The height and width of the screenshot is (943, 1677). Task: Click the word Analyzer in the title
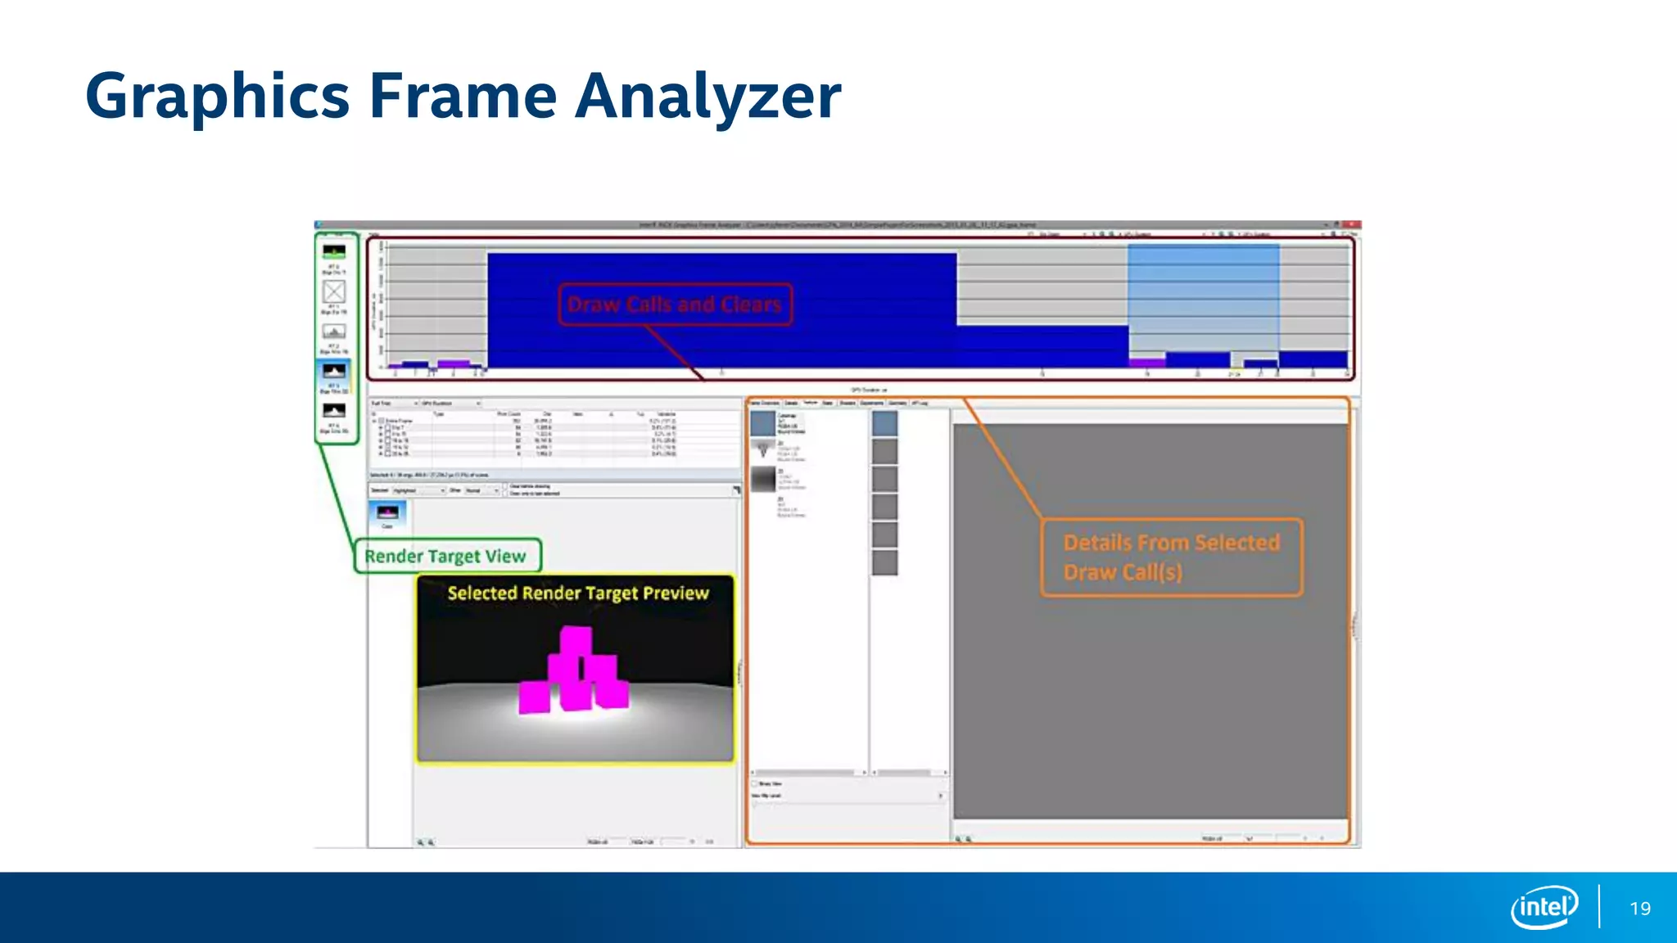(x=707, y=97)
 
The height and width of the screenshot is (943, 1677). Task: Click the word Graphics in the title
(x=218, y=97)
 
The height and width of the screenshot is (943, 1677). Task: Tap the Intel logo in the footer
(x=1544, y=907)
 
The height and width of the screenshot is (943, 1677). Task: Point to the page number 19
(x=1640, y=909)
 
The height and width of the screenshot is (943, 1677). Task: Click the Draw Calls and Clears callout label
(x=675, y=305)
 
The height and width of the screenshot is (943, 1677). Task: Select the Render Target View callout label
(x=446, y=557)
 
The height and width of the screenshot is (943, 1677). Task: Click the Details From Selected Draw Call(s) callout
(x=1171, y=557)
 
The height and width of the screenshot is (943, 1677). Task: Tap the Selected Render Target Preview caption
(x=577, y=593)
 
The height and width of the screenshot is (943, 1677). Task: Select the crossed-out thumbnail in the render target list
(x=334, y=291)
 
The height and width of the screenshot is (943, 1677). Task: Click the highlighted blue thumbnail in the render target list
(x=334, y=372)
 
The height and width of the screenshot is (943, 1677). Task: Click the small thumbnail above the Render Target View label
(x=387, y=513)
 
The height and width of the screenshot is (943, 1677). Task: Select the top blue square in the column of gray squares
(x=884, y=423)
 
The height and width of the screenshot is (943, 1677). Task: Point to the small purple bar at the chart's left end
(x=453, y=363)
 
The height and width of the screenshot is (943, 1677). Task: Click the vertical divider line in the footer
(x=1598, y=907)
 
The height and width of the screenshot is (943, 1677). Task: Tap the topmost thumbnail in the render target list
(x=334, y=251)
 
